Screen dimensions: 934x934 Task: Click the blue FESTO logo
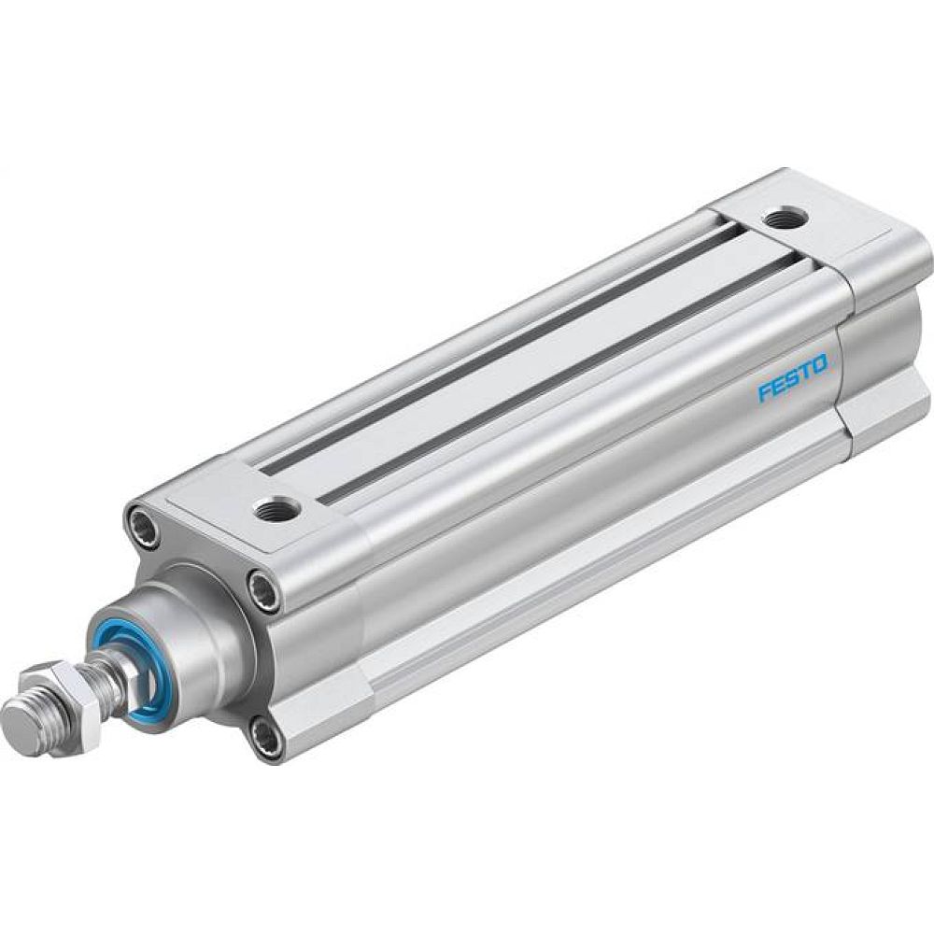pos(792,378)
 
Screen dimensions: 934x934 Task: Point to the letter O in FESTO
pos(819,364)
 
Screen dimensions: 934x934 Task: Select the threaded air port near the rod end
pos(276,508)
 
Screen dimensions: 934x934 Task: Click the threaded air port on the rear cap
pos(779,219)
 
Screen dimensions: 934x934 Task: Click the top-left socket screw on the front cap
pos(143,520)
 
